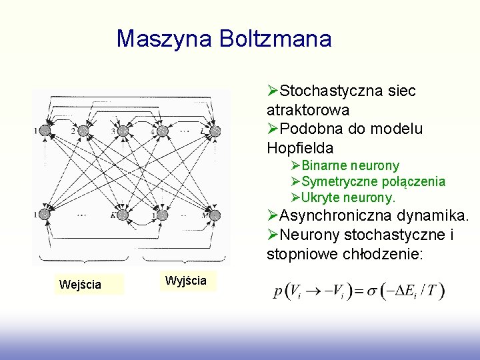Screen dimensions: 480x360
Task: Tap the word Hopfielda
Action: (x=300, y=147)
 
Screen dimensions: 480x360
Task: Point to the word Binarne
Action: (x=325, y=165)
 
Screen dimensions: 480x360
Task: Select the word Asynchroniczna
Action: (x=335, y=215)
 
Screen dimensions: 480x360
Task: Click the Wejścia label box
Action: (x=80, y=285)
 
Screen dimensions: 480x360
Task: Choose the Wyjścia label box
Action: (x=185, y=281)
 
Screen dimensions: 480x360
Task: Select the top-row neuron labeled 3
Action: (x=123, y=130)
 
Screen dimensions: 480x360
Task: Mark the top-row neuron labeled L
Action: (x=215, y=130)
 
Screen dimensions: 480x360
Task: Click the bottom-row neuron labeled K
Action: (x=123, y=215)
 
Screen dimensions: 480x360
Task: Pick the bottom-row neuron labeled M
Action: (x=215, y=215)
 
